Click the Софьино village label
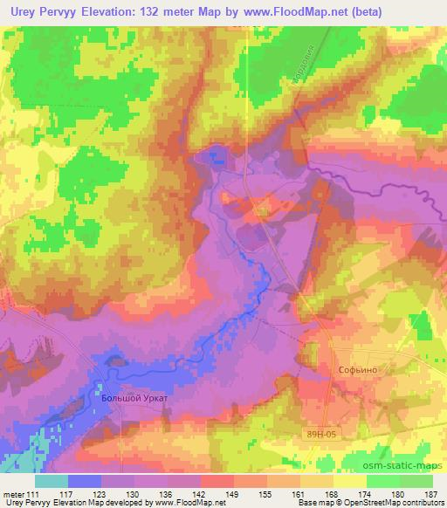pyautogui.click(x=355, y=369)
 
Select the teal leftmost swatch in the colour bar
pyautogui.click(x=52, y=480)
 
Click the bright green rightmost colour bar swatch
pyautogui.click(x=416, y=480)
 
